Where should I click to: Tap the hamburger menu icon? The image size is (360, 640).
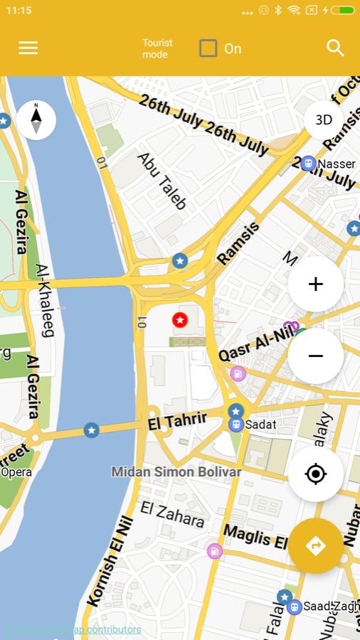click(28, 48)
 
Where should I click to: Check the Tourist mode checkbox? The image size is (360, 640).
click(208, 48)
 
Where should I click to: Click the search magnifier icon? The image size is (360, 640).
click(335, 48)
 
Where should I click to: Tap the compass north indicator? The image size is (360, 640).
click(36, 119)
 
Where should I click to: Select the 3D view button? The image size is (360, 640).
click(324, 119)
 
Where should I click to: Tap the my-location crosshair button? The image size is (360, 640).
click(315, 474)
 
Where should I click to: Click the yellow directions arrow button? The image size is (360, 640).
click(315, 546)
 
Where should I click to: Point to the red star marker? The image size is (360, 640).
click(180, 320)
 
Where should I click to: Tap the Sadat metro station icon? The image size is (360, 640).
click(235, 425)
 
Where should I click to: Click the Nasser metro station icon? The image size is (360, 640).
click(308, 164)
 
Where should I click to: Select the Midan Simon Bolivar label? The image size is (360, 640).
click(176, 471)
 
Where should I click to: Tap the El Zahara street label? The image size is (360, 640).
click(172, 514)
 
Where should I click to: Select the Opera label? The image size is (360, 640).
click(16, 471)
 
